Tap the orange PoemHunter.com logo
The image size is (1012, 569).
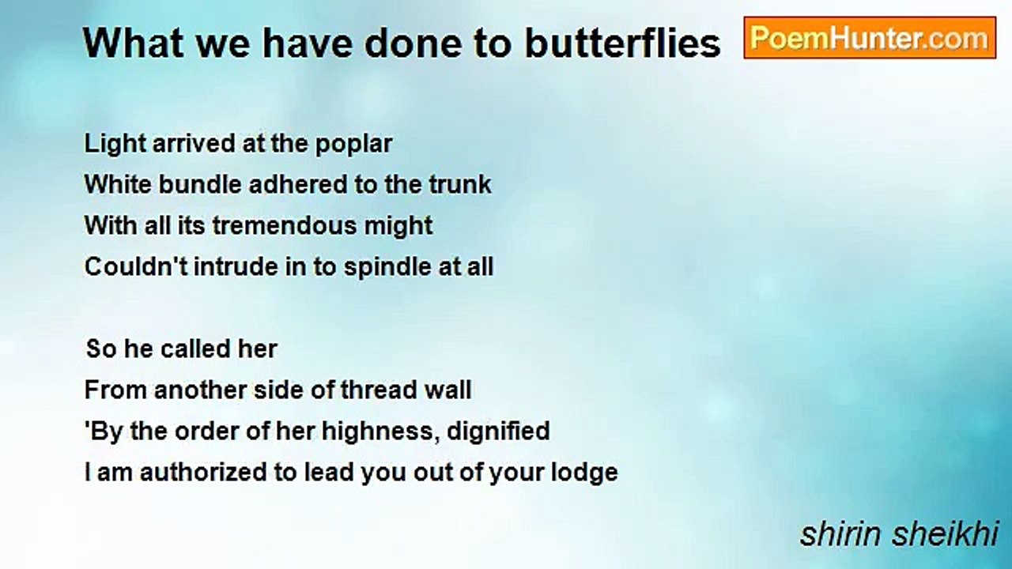[x=870, y=38]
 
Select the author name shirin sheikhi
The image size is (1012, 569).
[x=899, y=534]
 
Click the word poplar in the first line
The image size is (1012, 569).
[x=353, y=145]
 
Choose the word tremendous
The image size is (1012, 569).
[x=285, y=225]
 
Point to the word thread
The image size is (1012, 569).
[x=378, y=390]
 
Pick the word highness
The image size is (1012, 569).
[x=380, y=431]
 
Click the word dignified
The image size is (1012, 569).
[x=498, y=431]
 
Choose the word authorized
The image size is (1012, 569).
[x=203, y=473]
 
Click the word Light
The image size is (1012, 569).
[x=115, y=144]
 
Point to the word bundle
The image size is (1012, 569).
[x=200, y=184]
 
